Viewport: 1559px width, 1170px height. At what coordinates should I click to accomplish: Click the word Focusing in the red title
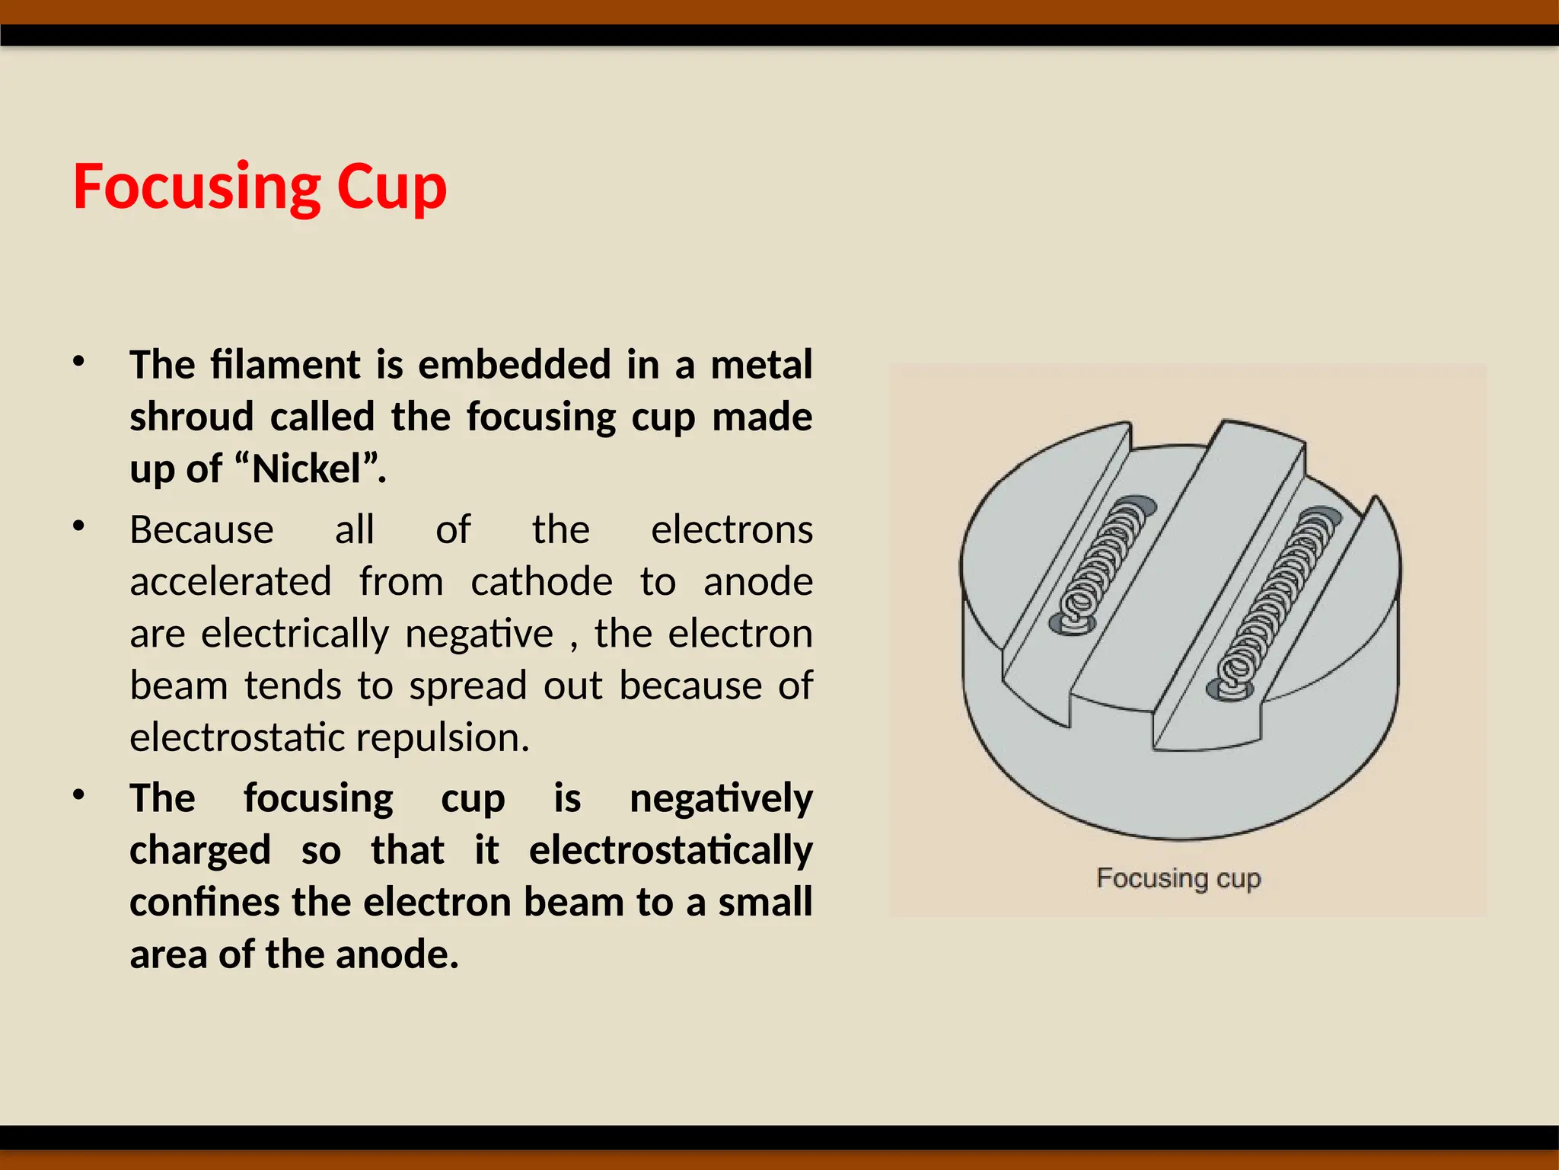click(196, 187)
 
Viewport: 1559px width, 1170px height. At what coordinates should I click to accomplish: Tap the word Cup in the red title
click(391, 187)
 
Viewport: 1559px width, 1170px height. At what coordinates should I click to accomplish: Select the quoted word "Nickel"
click(317, 468)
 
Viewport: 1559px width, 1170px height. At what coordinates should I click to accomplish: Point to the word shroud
click(191, 417)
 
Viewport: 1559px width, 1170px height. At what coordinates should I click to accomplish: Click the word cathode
click(541, 582)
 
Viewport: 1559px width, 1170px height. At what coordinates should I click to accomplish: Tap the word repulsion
click(442, 737)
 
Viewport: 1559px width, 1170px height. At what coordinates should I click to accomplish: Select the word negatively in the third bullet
click(721, 798)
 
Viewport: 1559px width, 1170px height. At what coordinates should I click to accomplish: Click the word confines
click(204, 902)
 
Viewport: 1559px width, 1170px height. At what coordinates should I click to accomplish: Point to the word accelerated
click(231, 582)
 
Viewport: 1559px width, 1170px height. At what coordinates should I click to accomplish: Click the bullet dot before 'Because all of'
click(78, 526)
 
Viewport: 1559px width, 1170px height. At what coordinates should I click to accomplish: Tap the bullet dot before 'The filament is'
click(78, 361)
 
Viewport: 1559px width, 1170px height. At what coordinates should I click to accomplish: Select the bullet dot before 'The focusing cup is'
click(78, 794)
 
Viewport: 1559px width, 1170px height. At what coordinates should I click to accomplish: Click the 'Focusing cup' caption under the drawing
click(1178, 878)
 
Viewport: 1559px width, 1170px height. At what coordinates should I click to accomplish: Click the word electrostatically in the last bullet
click(671, 850)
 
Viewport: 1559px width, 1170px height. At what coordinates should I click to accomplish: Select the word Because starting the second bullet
click(201, 530)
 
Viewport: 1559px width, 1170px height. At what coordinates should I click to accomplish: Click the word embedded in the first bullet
click(514, 365)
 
